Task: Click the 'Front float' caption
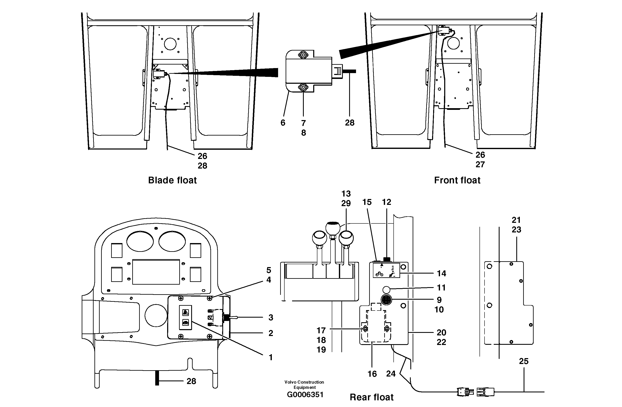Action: tap(457, 180)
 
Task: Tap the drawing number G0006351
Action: tap(305, 394)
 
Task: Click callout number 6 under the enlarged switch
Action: tap(283, 123)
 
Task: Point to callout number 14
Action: tap(441, 274)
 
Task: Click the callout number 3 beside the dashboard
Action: tap(271, 317)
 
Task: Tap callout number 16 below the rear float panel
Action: tap(372, 374)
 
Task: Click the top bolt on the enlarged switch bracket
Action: tap(303, 55)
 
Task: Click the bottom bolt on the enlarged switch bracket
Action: tap(303, 87)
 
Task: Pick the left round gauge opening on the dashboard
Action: tap(140, 241)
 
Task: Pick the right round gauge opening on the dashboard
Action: tap(172, 241)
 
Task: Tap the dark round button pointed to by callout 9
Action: tap(387, 300)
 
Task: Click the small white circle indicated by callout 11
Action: tap(387, 289)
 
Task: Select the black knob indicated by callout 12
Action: tap(387, 259)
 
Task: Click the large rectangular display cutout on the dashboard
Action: tap(156, 272)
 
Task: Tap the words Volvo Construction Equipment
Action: tap(304, 384)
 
